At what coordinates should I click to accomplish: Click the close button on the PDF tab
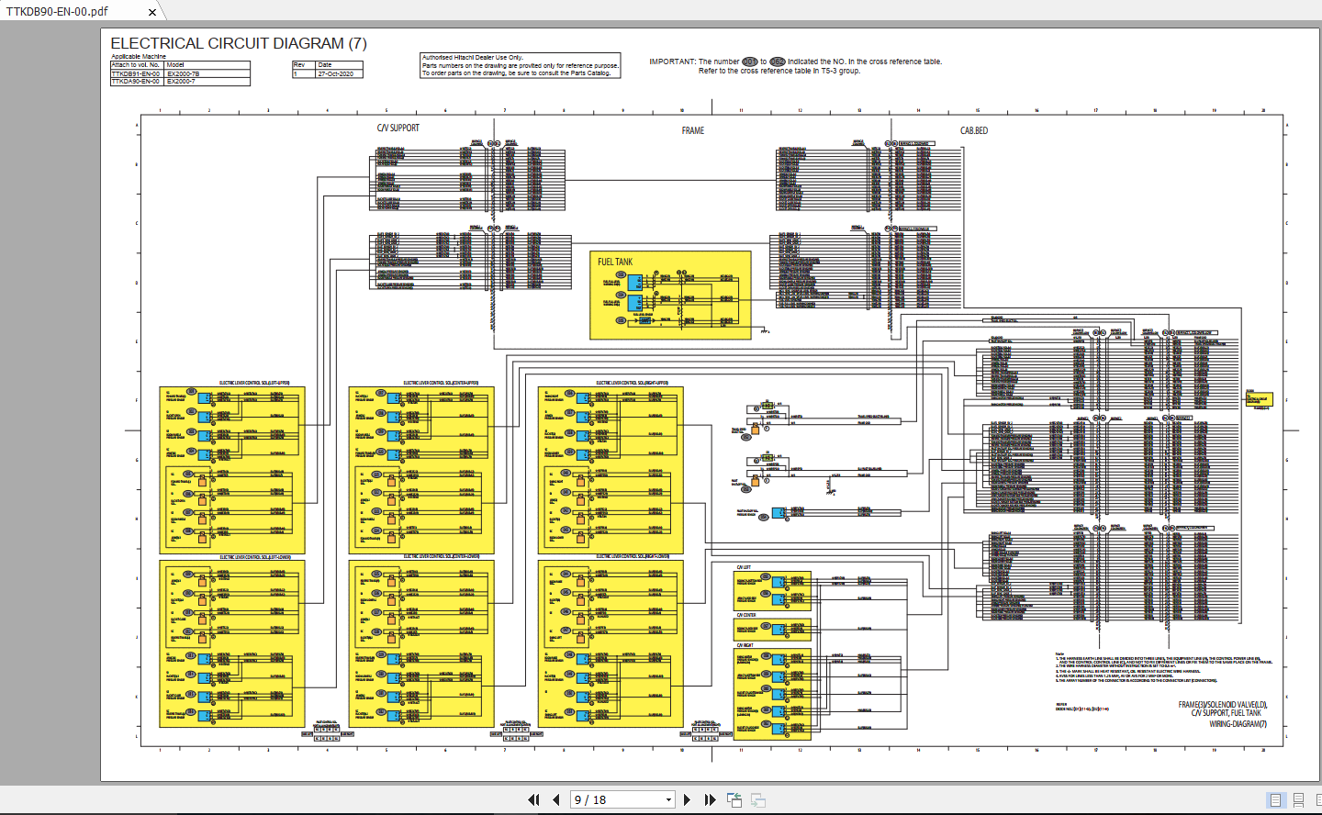point(151,12)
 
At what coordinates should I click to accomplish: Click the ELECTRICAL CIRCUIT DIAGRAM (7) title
point(239,43)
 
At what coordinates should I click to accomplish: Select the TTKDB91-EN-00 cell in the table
point(136,73)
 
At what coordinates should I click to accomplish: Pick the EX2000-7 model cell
point(182,82)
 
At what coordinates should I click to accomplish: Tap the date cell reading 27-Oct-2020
point(336,73)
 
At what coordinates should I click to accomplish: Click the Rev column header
point(299,65)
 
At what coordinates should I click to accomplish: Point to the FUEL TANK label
point(615,262)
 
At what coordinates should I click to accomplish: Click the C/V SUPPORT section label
point(398,128)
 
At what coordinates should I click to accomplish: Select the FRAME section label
point(693,130)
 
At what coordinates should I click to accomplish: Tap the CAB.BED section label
point(974,130)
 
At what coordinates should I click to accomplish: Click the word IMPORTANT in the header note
point(672,61)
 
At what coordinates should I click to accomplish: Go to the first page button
point(533,799)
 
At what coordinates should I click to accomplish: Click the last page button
point(710,799)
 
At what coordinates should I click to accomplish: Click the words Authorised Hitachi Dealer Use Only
point(472,57)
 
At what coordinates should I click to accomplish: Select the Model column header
point(175,65)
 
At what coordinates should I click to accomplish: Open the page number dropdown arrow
point(668,800)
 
